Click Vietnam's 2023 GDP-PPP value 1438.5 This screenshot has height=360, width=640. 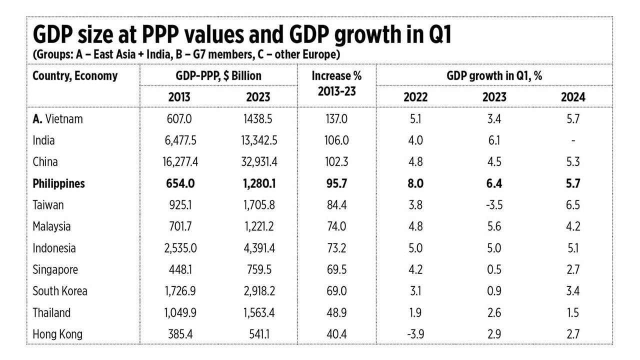coord(258,119)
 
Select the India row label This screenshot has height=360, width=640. coord(43,140)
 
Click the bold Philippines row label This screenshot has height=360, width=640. coord(58,183)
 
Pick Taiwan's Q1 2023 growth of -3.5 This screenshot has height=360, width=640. coord(494,205)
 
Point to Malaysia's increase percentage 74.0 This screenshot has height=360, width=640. coord(336,226)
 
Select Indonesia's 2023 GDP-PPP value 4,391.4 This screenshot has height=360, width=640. coord(258,248)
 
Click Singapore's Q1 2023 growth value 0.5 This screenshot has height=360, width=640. coord(494,269)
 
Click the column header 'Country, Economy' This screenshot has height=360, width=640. coord(75,76)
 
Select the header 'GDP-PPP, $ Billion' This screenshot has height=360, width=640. coord(218,76)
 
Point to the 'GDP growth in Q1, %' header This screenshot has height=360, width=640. coord(494,76)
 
